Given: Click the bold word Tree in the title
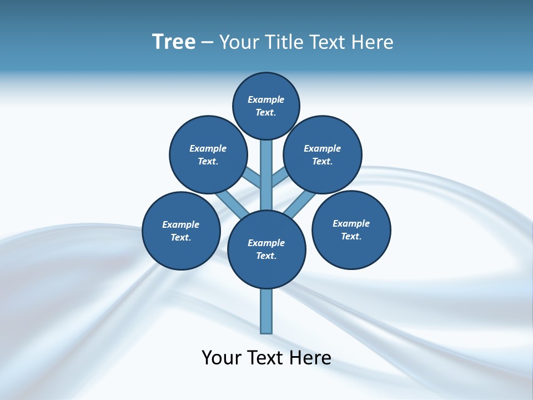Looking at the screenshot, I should tap(174, 42).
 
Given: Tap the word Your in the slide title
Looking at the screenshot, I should tap(238, 42).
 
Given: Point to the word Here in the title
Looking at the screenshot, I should tap(373, 42).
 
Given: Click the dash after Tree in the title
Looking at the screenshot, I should tap(207, 43).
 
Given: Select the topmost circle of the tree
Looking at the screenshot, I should tap(266, 106).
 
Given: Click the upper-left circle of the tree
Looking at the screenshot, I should tap(208, 154).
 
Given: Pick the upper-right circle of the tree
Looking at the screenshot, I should tap(323, 154).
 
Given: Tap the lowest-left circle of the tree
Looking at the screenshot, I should tap(181, 231).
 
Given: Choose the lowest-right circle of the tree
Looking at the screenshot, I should tap(351, 229).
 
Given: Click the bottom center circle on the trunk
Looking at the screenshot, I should tap(266, 249).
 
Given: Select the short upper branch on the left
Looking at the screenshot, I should tap(252, 177).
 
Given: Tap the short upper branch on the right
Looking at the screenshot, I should tap(280, 178).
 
